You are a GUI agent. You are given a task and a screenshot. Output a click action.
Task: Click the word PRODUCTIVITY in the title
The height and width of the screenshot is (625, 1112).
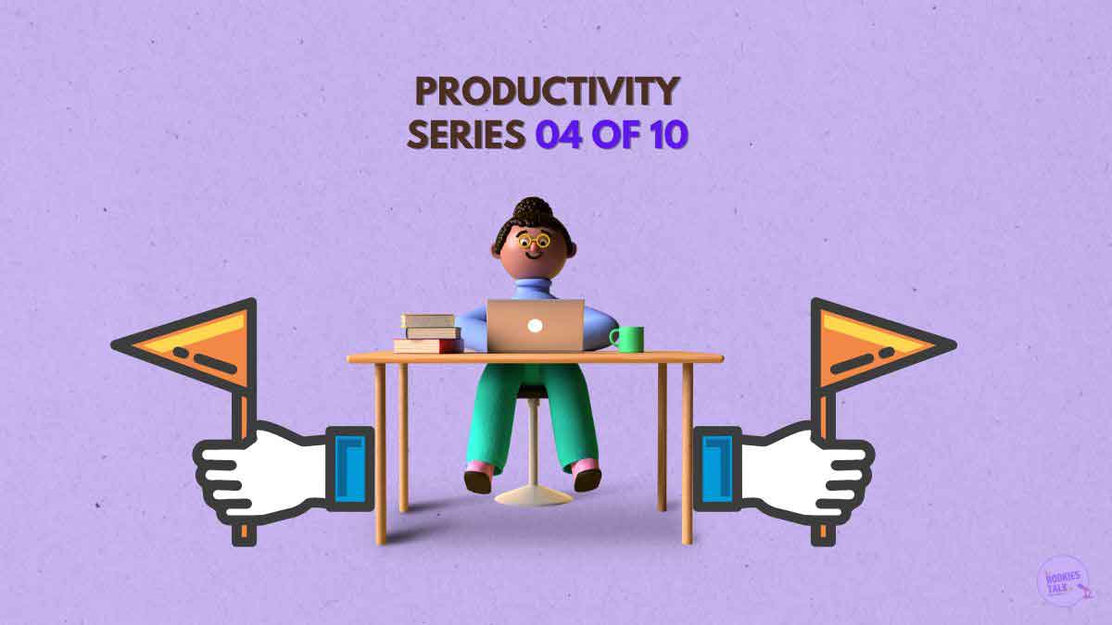(547, 92)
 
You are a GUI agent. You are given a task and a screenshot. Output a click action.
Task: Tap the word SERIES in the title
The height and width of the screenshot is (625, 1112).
(466, 134)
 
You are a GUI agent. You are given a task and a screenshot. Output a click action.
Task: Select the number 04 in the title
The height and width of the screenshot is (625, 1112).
(559, 134)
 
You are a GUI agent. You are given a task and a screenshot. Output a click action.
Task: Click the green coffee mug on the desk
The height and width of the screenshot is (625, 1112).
(627, 339)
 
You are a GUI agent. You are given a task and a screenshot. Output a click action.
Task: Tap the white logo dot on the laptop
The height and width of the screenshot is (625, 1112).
(535, 325)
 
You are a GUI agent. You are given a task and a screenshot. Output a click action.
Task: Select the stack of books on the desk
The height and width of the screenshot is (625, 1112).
(428, 333)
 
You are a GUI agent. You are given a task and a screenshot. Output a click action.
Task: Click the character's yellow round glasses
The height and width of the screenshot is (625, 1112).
(534, 242)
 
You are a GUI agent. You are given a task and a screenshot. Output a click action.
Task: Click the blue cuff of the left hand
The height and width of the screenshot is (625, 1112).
(350, 469)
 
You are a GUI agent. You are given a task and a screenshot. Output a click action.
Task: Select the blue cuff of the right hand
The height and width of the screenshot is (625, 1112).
(717, 469)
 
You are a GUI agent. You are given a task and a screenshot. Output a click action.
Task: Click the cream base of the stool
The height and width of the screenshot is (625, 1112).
(533, 496)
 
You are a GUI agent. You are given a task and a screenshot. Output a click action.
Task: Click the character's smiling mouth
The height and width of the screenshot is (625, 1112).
(533, 256)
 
